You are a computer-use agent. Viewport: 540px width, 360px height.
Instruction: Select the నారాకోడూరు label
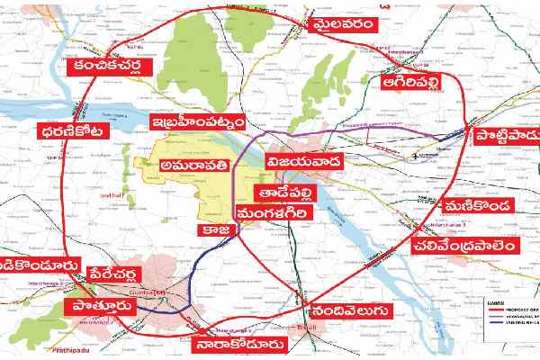[x=246, y=344]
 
